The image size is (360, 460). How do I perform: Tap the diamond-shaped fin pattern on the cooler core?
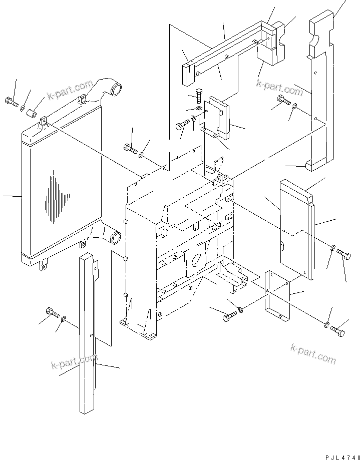click(x=55, y=198)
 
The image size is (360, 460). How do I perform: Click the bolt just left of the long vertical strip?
click(x=52, y=313)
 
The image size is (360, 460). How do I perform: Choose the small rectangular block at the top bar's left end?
click(x=188, y=74)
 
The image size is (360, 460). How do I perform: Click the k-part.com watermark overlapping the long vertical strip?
click(x=74, y=361)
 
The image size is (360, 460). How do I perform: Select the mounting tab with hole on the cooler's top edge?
click(x=44, y=121)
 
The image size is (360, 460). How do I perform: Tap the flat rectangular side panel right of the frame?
click(x=295, y=230)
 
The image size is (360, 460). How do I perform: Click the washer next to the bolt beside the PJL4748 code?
click(x=326, y=326)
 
